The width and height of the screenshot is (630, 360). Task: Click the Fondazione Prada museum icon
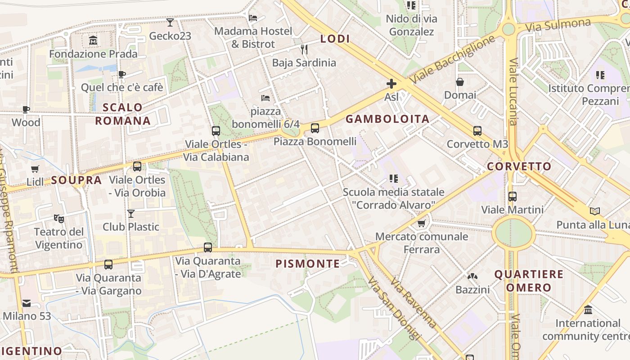[x=93, y=40]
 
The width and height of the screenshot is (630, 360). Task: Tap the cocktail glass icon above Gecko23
[x=170, y=22]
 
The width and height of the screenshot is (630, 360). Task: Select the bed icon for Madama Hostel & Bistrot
[x=253, y=18]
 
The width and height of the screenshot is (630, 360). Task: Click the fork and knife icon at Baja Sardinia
[x=304, y=49]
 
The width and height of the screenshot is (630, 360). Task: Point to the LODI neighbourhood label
[x=335, y=39]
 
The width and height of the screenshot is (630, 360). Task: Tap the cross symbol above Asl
[x=391, y=83]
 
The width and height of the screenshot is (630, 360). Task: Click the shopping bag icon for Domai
[x=460, y=82]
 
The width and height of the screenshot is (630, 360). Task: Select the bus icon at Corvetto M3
[x=477, y=131]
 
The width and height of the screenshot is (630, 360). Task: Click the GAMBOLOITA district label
[x=387, y=119]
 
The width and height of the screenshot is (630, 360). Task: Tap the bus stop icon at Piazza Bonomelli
[x=315, y=128]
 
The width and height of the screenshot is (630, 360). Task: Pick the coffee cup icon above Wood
[x=26, y=109]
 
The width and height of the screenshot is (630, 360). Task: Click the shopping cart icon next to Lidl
[x=35, y=169]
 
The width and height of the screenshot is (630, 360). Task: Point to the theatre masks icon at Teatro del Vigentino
[x=59, y=219]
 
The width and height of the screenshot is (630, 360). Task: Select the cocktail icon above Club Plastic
[x=131, y=213]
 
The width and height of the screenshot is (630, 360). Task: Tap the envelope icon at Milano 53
[x=27, y=303]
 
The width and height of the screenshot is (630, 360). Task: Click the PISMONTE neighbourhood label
[x=308, y=264]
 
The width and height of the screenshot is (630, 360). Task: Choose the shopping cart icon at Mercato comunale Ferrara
[x=422, y=223]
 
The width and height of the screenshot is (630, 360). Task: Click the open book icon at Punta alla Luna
[x=595, y=211]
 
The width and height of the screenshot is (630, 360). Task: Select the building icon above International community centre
[x=588, y=310]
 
